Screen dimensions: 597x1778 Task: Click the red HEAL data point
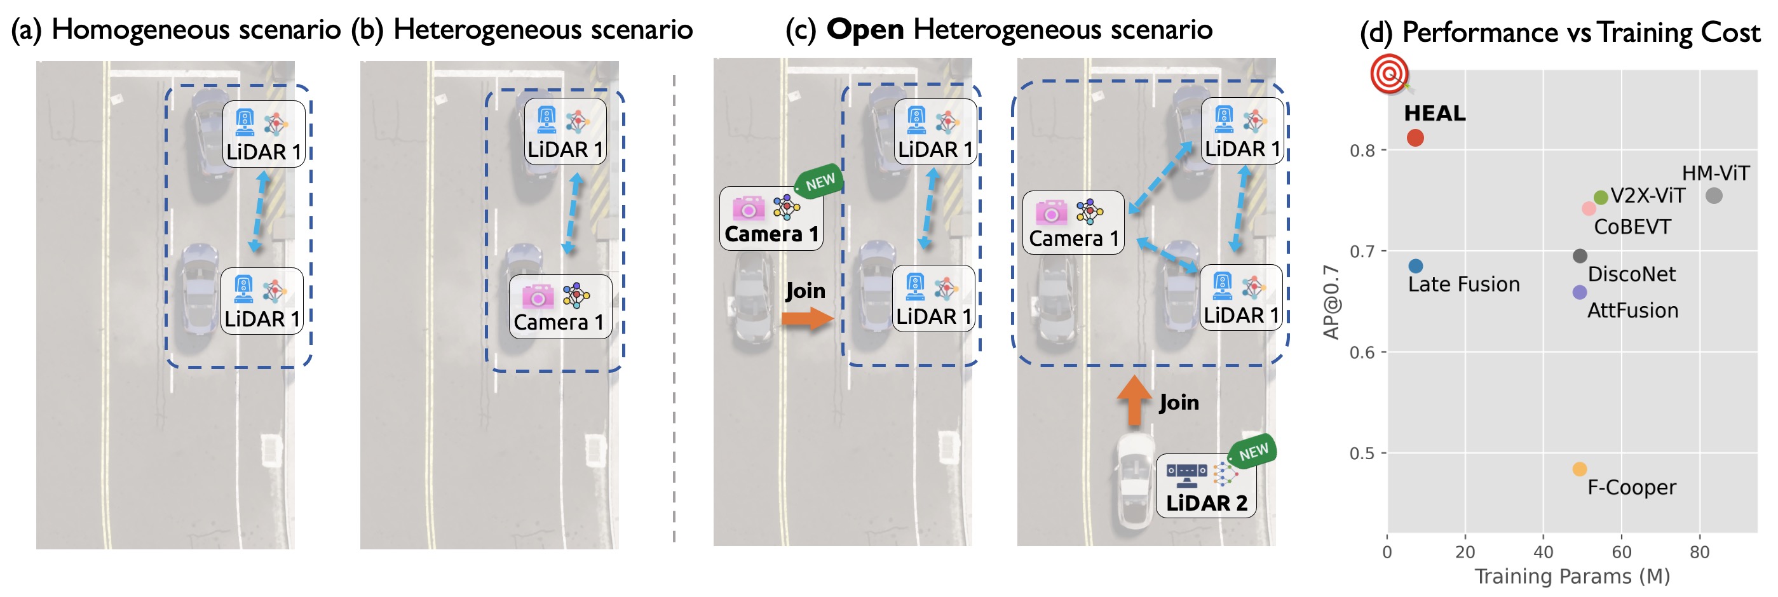tap(1415, 138)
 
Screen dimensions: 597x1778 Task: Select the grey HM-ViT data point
tap(1713, 196)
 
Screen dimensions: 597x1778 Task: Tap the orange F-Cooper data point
tap(1579, 469)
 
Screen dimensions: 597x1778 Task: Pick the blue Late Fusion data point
tap(1415, 265)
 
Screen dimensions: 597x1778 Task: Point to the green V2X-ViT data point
tap(1601, 198)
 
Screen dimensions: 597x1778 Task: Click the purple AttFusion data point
tap(1579, 293)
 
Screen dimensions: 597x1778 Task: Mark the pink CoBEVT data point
tap(1588, 208)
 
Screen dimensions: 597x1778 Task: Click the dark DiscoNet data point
tap(1579, 256)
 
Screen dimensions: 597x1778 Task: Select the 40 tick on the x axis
tap(1543, 552)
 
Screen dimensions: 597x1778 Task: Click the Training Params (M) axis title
tap(1571, 576)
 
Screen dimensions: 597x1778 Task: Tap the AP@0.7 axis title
tap(1331, 302)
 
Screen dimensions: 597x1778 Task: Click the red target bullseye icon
tap(1389, 73)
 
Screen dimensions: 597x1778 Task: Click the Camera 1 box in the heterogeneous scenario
tap(560, 307)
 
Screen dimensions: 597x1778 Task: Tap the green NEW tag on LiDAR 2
tap(1252, 452)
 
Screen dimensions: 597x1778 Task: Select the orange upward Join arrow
tap(1134, 400)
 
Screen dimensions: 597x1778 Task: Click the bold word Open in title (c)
tap(864, 30)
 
